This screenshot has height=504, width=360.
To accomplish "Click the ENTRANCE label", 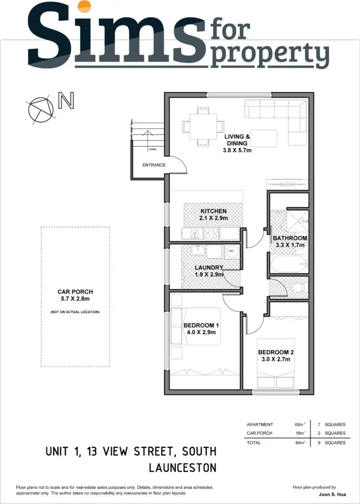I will pyautogui.click(x=154, y=165).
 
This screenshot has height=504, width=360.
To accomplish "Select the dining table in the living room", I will pyautogui.click(x=202, y=127).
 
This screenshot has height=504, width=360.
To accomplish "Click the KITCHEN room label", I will pyautogui.click(x=213, y=211).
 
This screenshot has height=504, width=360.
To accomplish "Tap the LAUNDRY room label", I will pyautogui.click(x=209, y=267).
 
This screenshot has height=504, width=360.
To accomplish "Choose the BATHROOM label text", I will pyautogui.click(x=290, y=238).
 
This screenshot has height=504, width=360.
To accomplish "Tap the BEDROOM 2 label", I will pyautogui.click(x=275, y=352).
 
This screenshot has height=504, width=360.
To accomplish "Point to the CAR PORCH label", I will pyautogui.click(x=75, y=291).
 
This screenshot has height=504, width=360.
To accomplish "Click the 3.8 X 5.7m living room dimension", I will pyautogui.click(x=237, y=150).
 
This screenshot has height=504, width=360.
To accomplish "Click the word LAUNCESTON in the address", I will pyautogui.click(x=182, y=467).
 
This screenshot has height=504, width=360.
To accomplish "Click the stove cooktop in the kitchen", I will pyautogui.click(x=211, y=234).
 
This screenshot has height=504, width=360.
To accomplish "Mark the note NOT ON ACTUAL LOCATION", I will pyautogui.click(x=75, y=312).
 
